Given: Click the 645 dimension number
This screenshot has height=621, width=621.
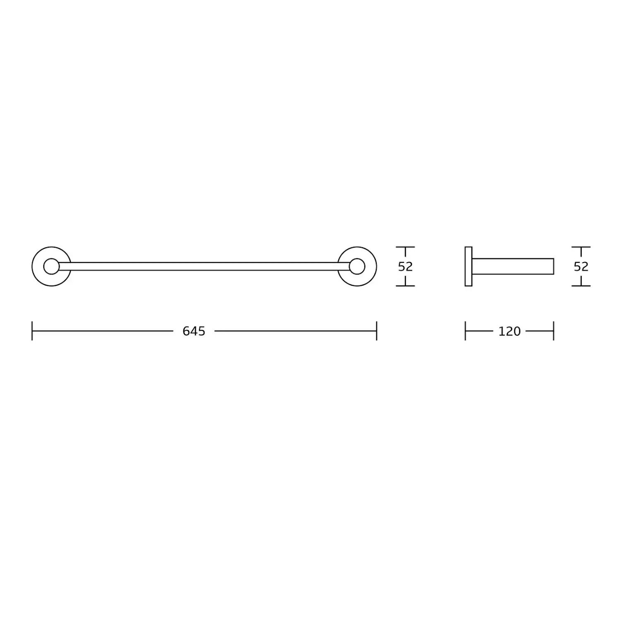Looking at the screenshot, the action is point(194,331).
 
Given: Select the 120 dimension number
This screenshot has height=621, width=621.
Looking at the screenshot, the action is point(509,331).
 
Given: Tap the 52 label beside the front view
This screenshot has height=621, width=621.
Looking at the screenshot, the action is point(405,267).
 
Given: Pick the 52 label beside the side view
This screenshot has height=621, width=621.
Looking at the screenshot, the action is point(581,267).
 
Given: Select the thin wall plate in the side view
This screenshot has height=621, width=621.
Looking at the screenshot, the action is point(468,267).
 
